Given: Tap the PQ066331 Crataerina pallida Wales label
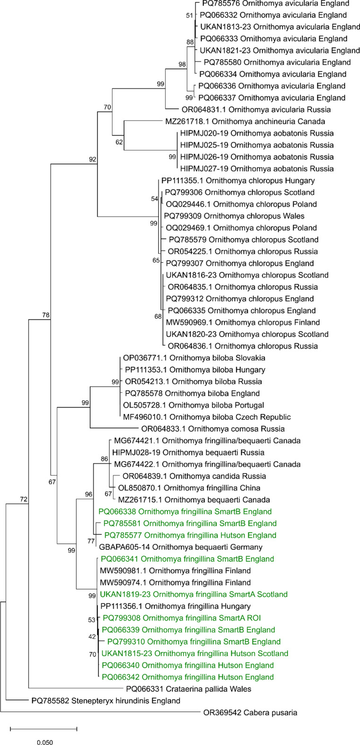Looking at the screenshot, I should tap(188, 689).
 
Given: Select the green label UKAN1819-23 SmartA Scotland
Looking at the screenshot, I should tap(194, 594).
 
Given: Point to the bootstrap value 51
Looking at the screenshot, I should tap(190, 16).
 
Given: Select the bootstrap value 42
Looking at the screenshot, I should tap(93, 637).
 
